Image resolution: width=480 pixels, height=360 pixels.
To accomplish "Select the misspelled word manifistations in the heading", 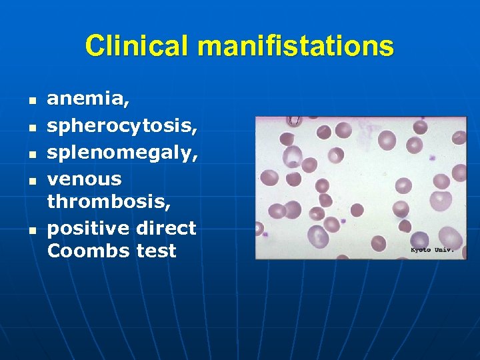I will pyautogui.click(x=296, y=47).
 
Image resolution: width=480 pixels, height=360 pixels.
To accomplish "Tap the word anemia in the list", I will pyautogui.click(x=88, y=100).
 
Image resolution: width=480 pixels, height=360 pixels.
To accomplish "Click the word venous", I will pyautogui.click(x=85, y=179).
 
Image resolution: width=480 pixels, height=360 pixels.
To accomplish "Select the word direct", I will pyautogui.click(x=167, y=228).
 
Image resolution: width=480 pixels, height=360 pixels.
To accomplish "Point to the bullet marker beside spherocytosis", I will pyautogui.click(x=31, y=127).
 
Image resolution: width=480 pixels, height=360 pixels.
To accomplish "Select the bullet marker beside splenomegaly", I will pyautogui.click(x=31, y=151).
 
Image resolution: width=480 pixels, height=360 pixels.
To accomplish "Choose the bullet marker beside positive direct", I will pyautogui.click(x=31, y=230).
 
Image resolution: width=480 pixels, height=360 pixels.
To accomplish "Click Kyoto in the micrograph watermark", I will pyautogui.click(x=421, y=249).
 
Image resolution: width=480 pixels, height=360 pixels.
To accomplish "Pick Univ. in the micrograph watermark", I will pyautogui.click(x=444, y=249).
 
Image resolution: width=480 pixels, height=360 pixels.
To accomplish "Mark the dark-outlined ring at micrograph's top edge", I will pyautogui.click(x=293, y=121).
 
